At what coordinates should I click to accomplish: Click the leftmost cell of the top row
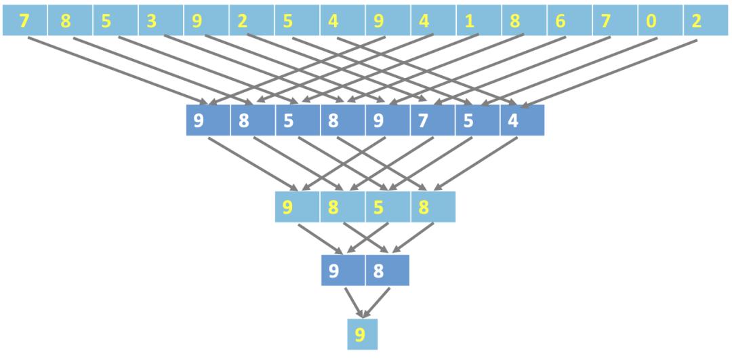tap(24, 21)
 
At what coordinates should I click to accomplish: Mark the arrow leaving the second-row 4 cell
tap(474, 165)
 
